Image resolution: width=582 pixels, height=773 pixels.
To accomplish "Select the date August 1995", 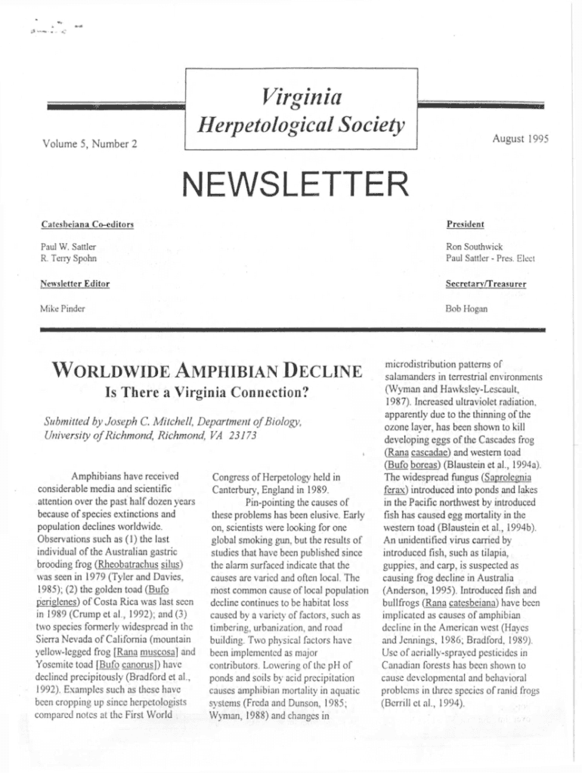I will pos(520,138).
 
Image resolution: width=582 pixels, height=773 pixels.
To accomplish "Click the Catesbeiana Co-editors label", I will pos(87,225).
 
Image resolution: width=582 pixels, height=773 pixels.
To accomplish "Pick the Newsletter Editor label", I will pos(75,284).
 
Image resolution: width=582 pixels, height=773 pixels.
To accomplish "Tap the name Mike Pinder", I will pos(62,308).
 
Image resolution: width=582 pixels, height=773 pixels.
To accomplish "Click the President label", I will pos(465,224).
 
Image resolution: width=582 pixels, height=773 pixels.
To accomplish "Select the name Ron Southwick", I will pos(474,247).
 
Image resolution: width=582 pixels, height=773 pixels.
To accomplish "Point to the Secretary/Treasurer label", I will pos(486,284).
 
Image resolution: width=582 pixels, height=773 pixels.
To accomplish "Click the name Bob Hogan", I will pos(466,308).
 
